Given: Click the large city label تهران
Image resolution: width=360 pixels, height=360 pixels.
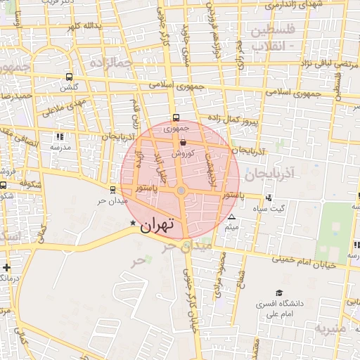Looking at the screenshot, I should click(156, 225).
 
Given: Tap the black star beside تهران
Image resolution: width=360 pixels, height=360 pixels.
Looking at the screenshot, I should click(132, 223).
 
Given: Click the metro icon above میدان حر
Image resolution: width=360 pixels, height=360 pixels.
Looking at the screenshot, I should click(112, 189).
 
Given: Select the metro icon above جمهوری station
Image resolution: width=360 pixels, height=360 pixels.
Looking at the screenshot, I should click(175, 118).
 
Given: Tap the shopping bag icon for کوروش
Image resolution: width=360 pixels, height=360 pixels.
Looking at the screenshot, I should click(183, 142).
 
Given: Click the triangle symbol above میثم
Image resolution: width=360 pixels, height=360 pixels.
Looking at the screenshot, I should click(232, 217).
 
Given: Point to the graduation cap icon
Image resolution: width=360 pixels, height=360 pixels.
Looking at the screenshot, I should click(279, 292).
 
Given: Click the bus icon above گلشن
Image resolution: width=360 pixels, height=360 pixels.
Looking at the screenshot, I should click(69, 77).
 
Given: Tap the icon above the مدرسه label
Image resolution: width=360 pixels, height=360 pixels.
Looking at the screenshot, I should click(60, 136).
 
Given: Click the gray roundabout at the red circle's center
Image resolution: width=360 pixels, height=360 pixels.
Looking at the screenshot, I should click(181, 191).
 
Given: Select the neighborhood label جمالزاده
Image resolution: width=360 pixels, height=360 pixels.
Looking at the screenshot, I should click(111, 63).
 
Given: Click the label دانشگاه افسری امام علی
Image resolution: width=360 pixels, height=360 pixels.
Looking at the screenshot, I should click(285, 309).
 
